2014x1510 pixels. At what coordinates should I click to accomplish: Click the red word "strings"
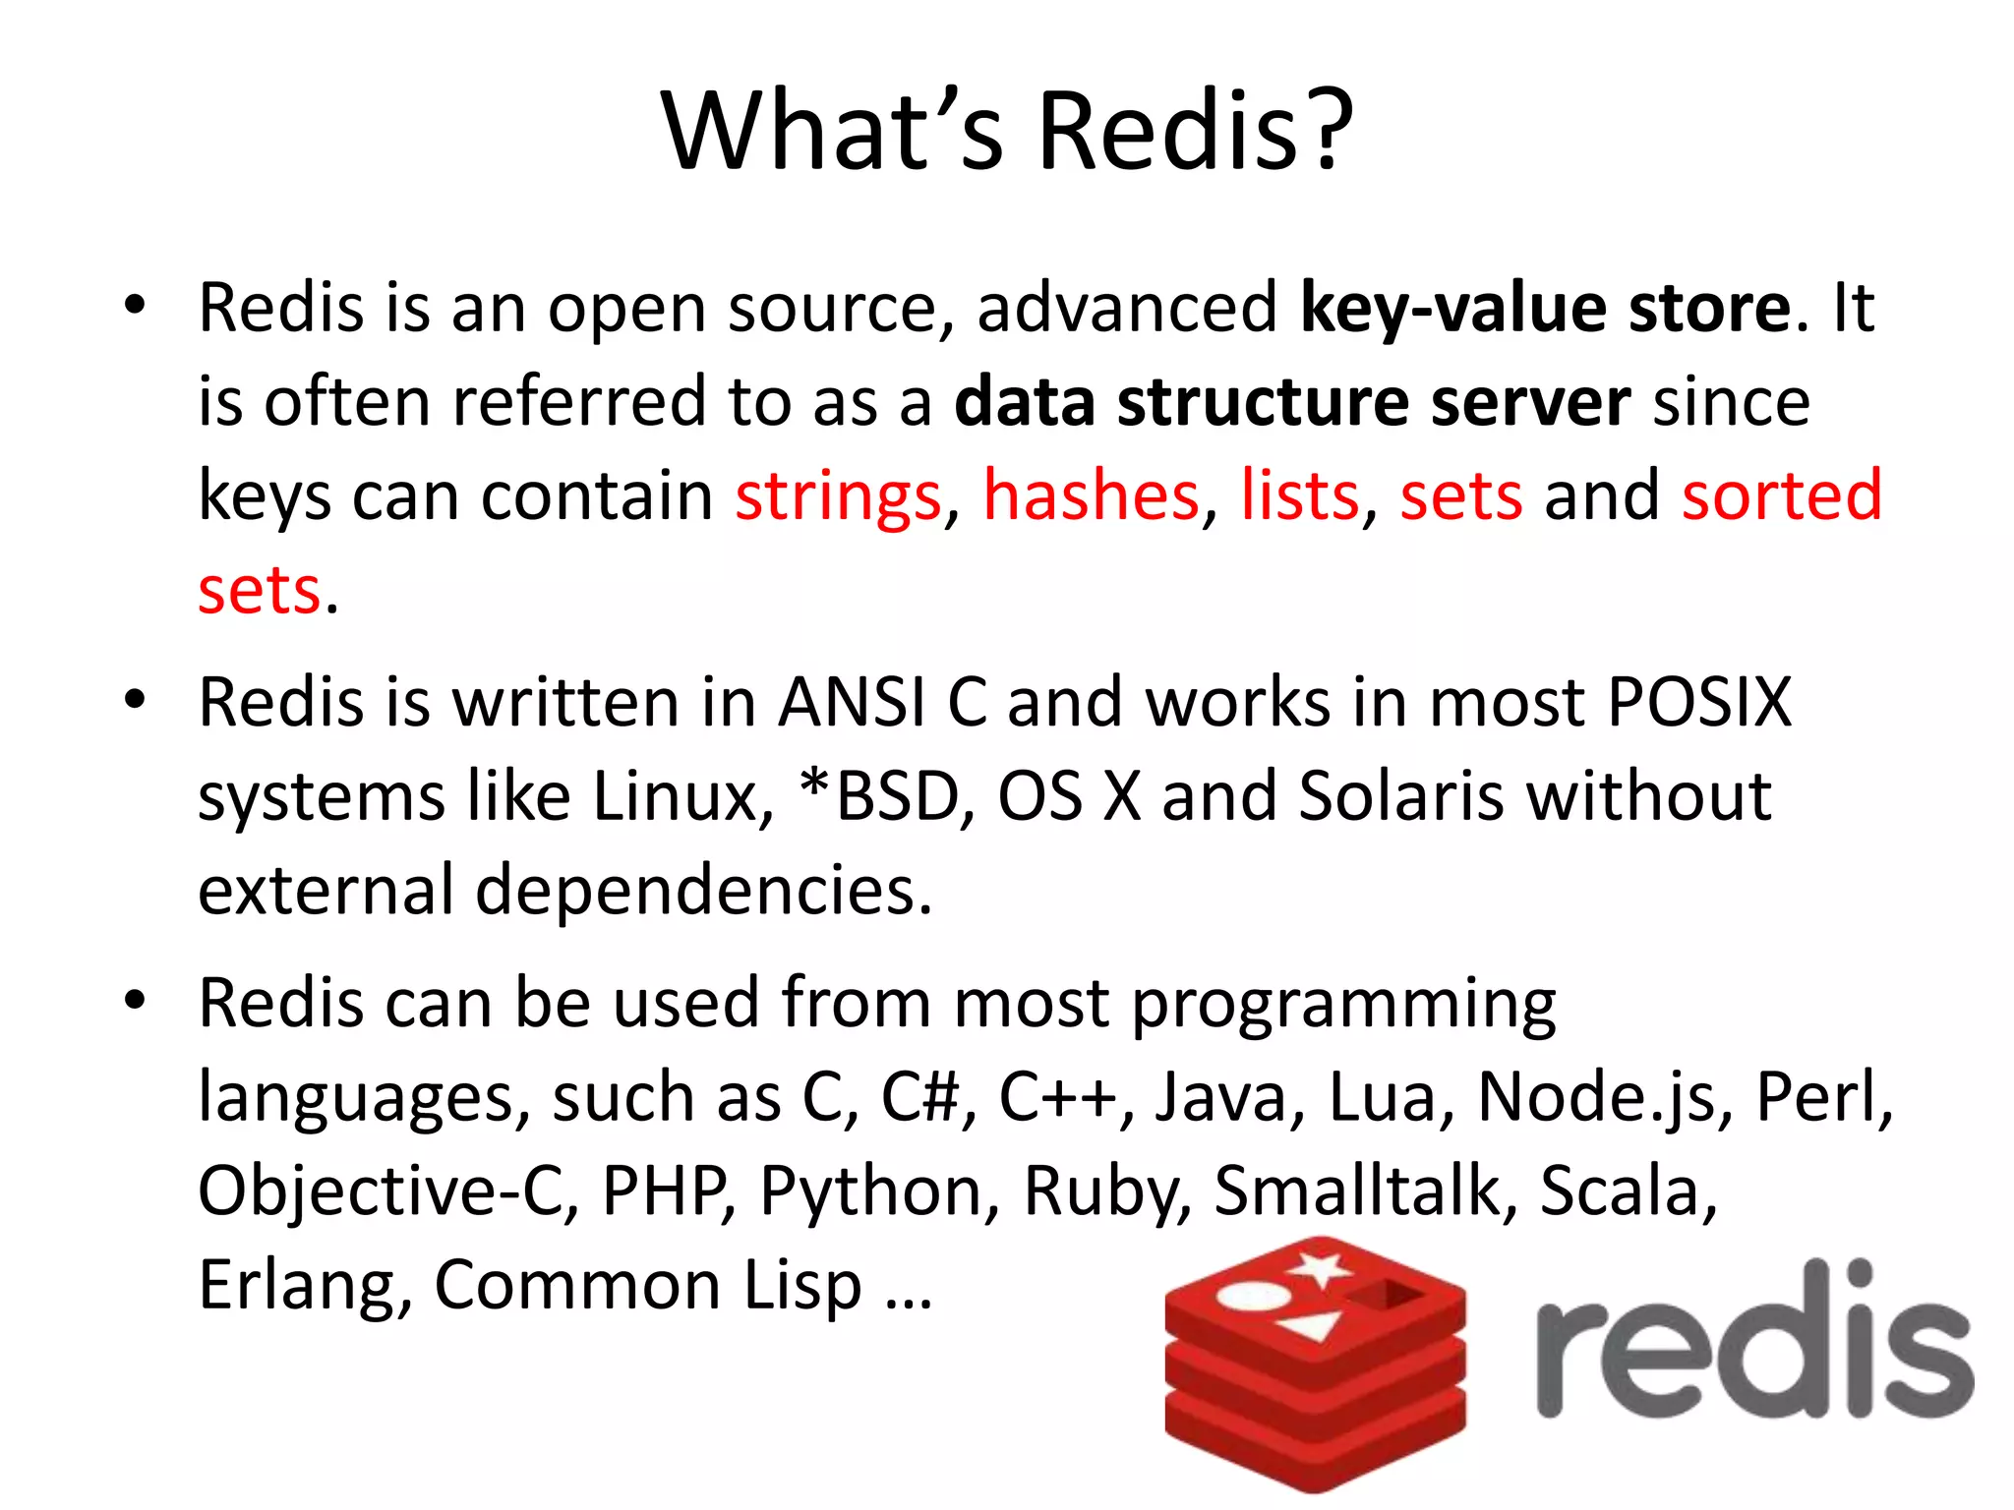[838, 495]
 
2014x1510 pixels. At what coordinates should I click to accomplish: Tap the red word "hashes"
[1091, 495]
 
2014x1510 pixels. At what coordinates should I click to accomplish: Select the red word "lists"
[1299, 495]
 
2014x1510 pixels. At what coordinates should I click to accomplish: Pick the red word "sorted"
[1781, 495]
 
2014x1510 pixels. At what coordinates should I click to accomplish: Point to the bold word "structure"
[1262, 402]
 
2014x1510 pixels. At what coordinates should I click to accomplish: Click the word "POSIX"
[1699, 702]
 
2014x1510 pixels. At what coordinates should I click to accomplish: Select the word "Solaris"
[1400, 795]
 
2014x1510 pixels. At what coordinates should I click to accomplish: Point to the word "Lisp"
[802, 1285]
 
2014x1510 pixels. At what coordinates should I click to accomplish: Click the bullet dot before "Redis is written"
[135, 701]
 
